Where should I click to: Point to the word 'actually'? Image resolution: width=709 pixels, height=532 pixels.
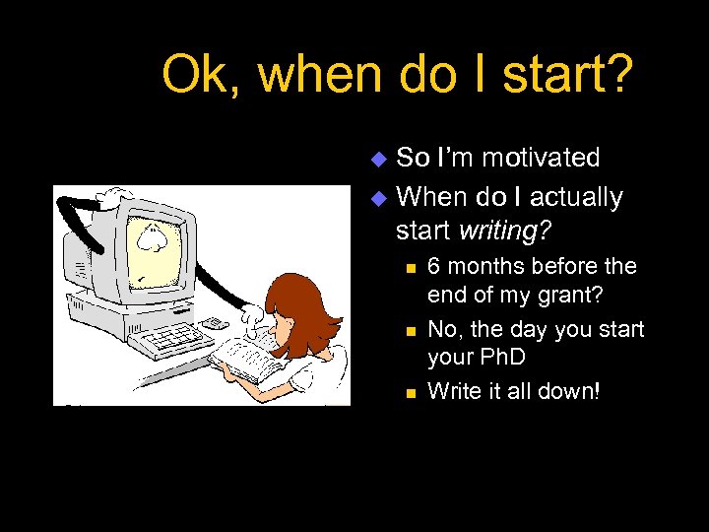coord(575,197)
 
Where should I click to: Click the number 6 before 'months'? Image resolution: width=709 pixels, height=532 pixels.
coord(434,267)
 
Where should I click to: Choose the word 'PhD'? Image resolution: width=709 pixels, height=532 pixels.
coord(506,357)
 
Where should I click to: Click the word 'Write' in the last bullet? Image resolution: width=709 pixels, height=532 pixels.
coord(454,391)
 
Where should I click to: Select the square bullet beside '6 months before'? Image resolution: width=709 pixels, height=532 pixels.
coord(409,268)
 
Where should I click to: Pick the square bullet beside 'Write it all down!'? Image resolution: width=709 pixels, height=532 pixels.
coord(409,392)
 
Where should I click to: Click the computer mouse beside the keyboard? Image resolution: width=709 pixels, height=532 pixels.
coord(213,323)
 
